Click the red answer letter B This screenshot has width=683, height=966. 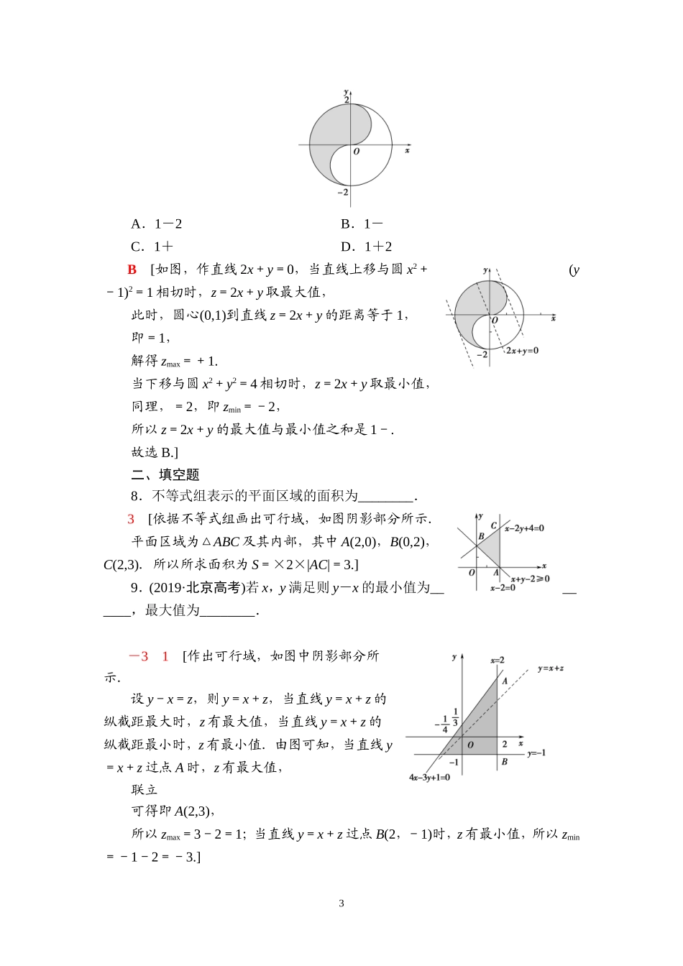(132, 270)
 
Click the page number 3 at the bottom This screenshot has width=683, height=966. (341, 903)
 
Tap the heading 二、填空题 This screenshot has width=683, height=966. (165, 474)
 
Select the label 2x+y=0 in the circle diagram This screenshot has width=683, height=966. (522, 351)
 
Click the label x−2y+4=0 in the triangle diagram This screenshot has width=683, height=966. (524, 528)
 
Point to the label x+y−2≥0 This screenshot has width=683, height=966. (530, 579)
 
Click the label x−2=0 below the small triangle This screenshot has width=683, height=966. (503, 588)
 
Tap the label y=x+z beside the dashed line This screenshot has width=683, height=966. (550, 668)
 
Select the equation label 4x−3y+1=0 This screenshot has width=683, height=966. (429, 778)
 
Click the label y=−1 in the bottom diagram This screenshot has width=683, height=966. (536, 753)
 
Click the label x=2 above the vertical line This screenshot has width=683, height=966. (498, 660)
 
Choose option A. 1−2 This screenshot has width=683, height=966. (157, 224)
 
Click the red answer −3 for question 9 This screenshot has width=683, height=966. (139, 656)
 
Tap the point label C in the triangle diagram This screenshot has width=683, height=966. (494, 526)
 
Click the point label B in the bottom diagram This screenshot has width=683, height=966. (504, 761)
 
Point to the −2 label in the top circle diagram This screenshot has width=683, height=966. (343, 192)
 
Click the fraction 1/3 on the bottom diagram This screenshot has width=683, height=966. (456, 717)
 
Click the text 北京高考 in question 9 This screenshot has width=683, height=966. (214, 588)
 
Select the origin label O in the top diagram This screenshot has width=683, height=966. (356, 152)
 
